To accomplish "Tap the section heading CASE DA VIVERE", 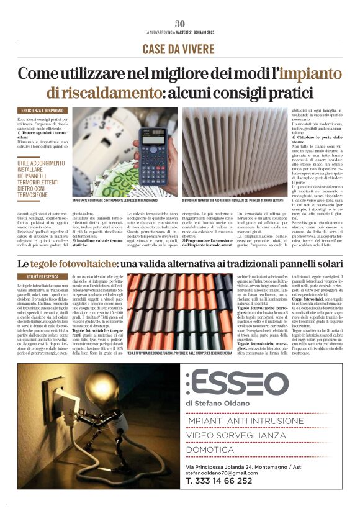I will (x=179, y=49).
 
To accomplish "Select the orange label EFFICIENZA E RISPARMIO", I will (x=42, y=110).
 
